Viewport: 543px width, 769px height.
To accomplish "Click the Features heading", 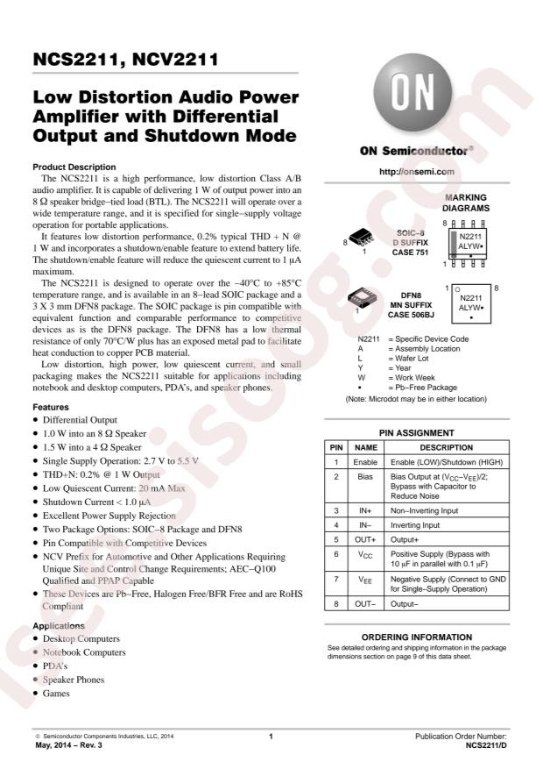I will tap(52, 408).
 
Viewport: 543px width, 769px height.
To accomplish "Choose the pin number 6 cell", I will tap(336, 554).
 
